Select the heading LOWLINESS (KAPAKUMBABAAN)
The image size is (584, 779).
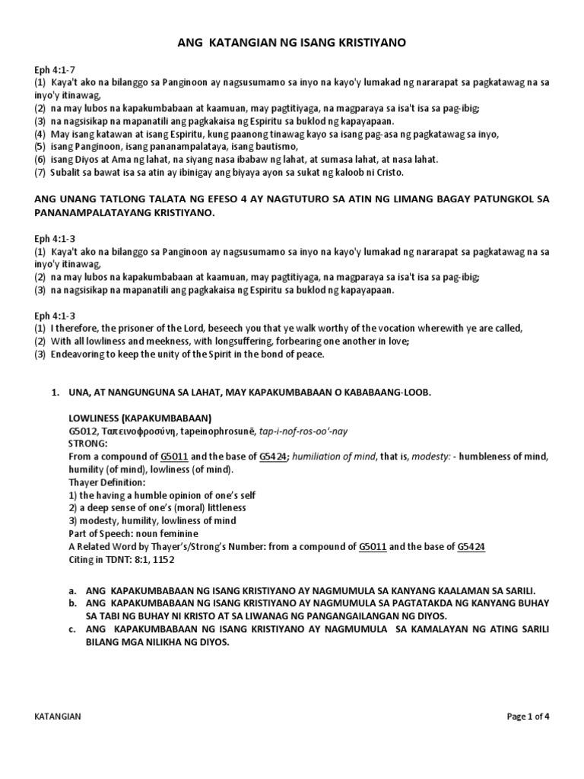pos(139,418)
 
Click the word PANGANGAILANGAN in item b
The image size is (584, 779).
pos(430,615)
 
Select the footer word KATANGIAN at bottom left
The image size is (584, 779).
pos(59,716)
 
